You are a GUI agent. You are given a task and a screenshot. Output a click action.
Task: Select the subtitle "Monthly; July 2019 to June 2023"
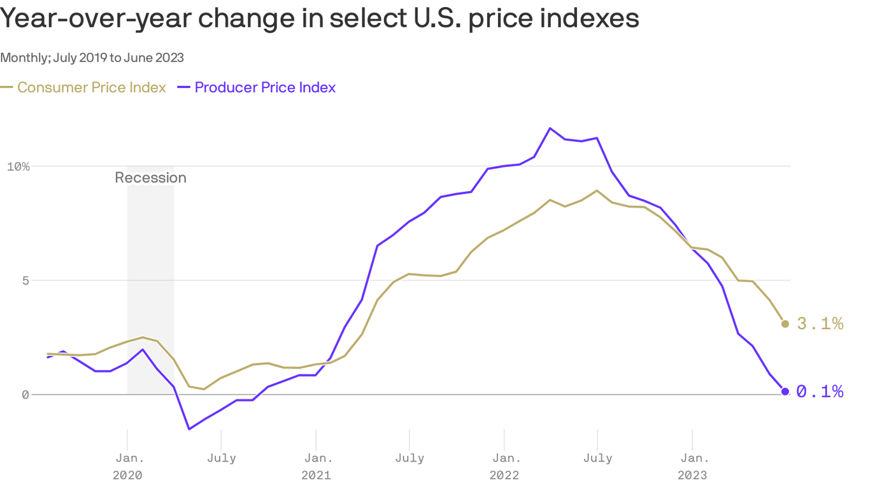(x=92, y=58)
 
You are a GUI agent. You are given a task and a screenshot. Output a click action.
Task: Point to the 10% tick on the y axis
(x=18, y=167)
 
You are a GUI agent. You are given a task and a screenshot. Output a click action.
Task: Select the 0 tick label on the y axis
(x=25, y=395)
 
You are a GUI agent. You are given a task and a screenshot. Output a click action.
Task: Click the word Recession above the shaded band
(x=150, y=178)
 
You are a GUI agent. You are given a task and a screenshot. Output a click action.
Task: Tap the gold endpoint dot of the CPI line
(x=785, y=324)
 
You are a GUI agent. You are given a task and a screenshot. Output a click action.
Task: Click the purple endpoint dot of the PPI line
(x=785, y=392)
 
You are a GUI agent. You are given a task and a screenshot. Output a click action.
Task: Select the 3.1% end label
(x=820, y=324)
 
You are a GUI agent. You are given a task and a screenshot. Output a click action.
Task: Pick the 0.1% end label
(x=820, y=392)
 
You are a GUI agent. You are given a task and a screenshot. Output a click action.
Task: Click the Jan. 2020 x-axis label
(x=127, y=466)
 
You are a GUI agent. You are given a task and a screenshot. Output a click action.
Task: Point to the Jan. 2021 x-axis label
(x=316, y=466)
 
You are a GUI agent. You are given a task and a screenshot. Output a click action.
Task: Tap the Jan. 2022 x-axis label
(x=504, y=466)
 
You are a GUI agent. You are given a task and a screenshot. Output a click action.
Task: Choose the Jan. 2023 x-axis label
(x=692, y=466)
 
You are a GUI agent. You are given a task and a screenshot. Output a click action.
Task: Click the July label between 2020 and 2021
(x=221, y=458)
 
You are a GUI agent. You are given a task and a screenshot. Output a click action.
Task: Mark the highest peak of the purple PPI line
(x=550, y=128)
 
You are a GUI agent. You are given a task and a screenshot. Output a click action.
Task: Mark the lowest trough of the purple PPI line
(x=189, y=429)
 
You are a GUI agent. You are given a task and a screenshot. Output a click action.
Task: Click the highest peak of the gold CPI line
(x=597, y=190)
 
